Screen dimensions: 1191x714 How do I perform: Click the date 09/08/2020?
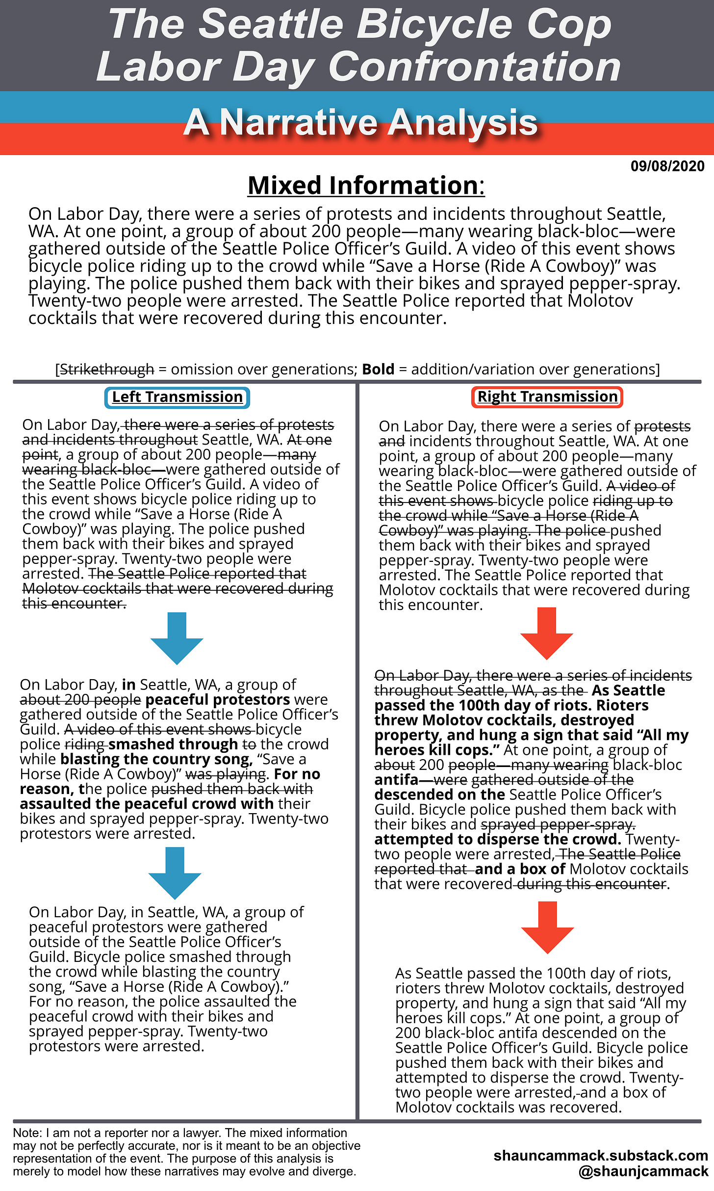(x=667, y=166)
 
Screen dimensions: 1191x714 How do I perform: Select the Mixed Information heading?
(x=366, y=185)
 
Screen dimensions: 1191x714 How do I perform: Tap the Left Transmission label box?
(x=177, y=397)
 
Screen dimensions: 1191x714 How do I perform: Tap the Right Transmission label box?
(x=547, y=397)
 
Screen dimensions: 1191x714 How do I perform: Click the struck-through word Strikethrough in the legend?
(x=107, y=369)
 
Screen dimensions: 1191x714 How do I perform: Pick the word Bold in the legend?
(x=378, y=369)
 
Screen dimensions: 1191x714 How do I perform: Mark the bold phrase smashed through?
(x=173, y=744)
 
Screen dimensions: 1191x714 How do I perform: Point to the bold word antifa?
(x=396, y=780)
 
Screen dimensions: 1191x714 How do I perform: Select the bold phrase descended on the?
(x=439, y=794)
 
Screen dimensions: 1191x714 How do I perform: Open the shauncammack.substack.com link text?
(x=600, y=1155)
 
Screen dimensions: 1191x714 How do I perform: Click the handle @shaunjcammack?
(x=643, y=1171)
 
